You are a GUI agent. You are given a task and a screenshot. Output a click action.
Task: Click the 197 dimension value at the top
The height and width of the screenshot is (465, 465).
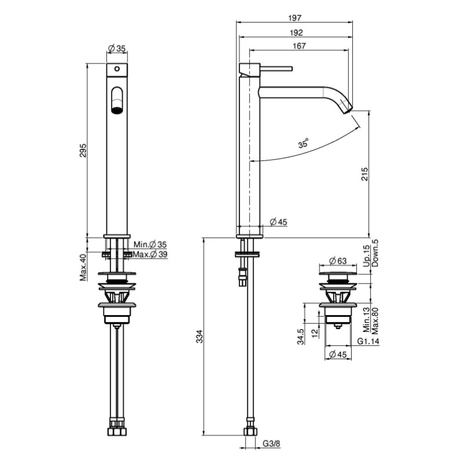(295, 18)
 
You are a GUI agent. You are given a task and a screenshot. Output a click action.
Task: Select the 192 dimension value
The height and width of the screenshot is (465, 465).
(296, 33)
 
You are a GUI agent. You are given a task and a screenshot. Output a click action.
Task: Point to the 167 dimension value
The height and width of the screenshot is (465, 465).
(299, 46)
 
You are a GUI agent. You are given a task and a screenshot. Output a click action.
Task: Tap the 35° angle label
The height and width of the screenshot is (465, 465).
(303, 143)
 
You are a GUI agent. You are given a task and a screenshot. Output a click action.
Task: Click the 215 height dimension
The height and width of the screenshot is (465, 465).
(364, 174)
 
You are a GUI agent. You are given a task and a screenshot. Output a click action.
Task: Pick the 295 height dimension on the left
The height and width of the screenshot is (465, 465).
(83, 151)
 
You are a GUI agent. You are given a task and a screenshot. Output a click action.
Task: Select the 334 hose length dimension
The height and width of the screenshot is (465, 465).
(200, 337)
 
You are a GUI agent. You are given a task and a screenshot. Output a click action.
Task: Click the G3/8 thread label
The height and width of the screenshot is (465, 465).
(271, 443)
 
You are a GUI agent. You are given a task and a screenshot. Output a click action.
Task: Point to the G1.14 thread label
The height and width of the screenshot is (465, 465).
(368, 341)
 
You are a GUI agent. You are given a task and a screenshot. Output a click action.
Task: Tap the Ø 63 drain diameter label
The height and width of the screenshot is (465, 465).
(338, 261)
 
